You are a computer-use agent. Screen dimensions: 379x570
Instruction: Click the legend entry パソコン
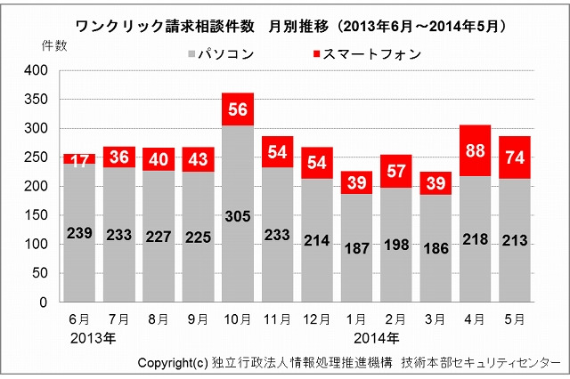tap(222, 54)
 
